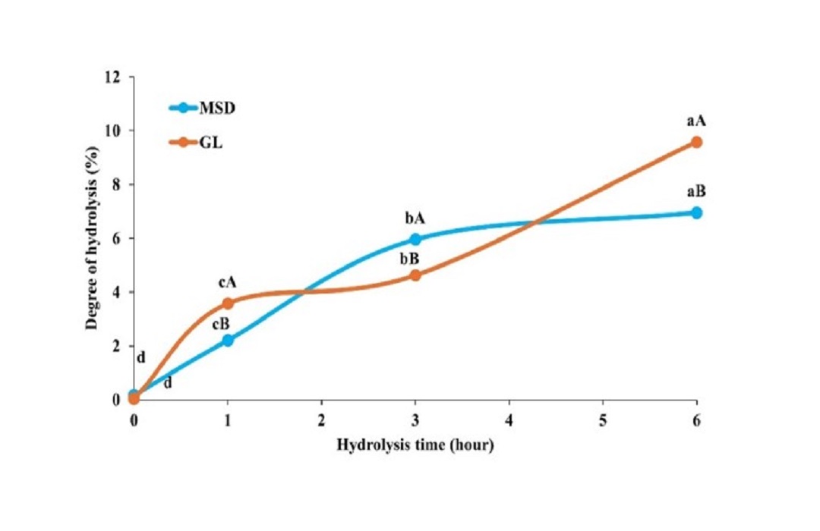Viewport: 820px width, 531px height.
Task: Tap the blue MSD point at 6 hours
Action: [x=696, y=212]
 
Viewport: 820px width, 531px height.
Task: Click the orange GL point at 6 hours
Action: [x=696, y=142]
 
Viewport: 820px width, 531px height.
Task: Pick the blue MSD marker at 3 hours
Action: [x=415, y=239]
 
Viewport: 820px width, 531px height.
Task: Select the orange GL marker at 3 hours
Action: [x=415, y=275]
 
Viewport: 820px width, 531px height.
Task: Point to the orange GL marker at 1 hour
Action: [x=228, y=303]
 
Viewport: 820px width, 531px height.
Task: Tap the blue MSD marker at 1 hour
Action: [x=228, y=340]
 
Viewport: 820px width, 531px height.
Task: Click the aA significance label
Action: [x=696, y=121]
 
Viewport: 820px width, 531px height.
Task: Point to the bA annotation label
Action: [x=415, y=218]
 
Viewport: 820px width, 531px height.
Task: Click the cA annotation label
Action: [x=228, y=282]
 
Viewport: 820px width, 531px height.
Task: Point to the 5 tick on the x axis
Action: [x=603, y=418]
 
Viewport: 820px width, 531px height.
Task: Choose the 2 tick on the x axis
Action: [x=321, y=418]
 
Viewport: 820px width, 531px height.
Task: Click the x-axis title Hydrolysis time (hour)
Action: [x=415, y=445]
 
